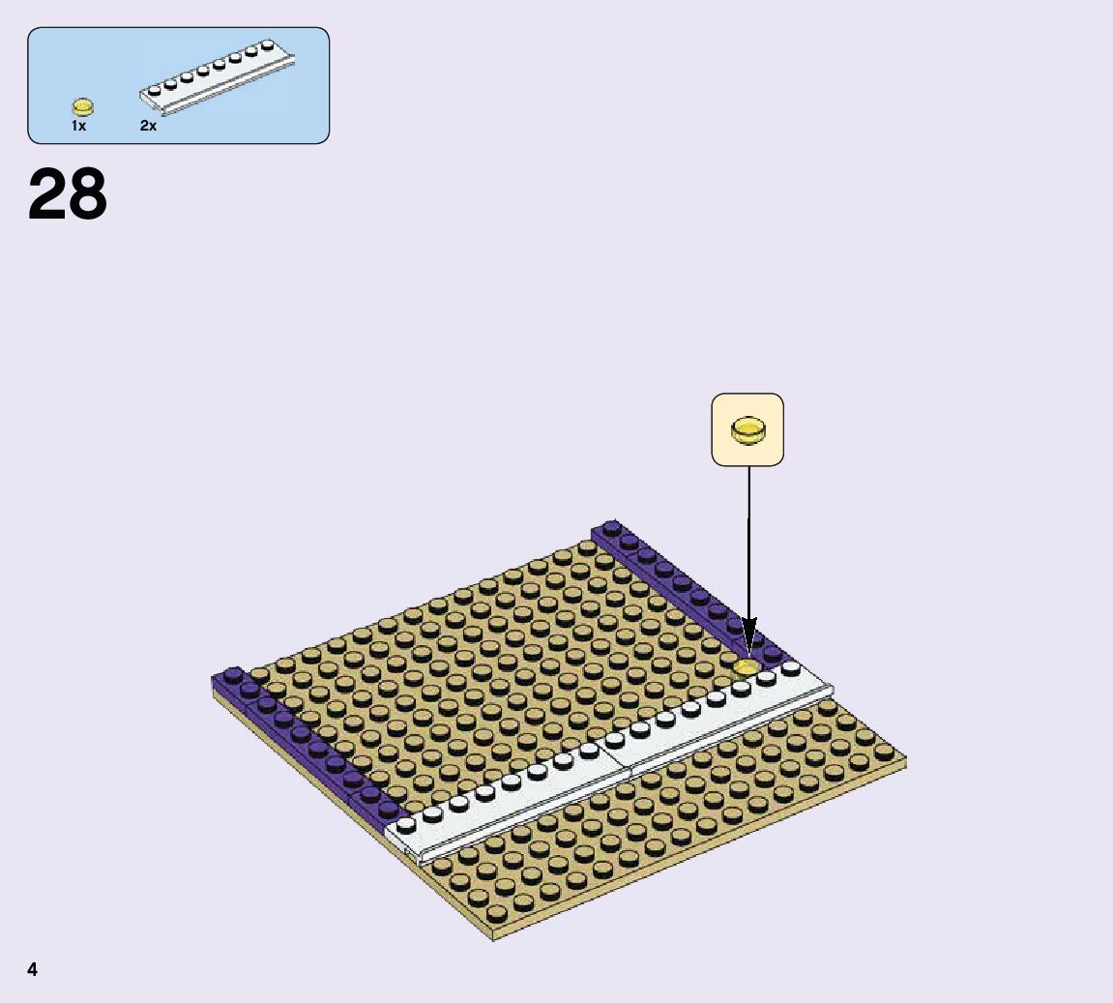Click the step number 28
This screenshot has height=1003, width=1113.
[68, 193]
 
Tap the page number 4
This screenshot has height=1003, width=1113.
[32, 970]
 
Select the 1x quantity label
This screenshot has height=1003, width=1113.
[78, 126]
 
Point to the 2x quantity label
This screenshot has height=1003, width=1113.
[148, 126]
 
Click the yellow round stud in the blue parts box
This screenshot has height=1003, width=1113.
[83, 107]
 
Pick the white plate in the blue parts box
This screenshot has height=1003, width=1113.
[218, 76]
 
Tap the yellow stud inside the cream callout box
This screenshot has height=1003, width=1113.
[748, 430]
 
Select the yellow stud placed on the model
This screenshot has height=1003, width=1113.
[746, 667]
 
